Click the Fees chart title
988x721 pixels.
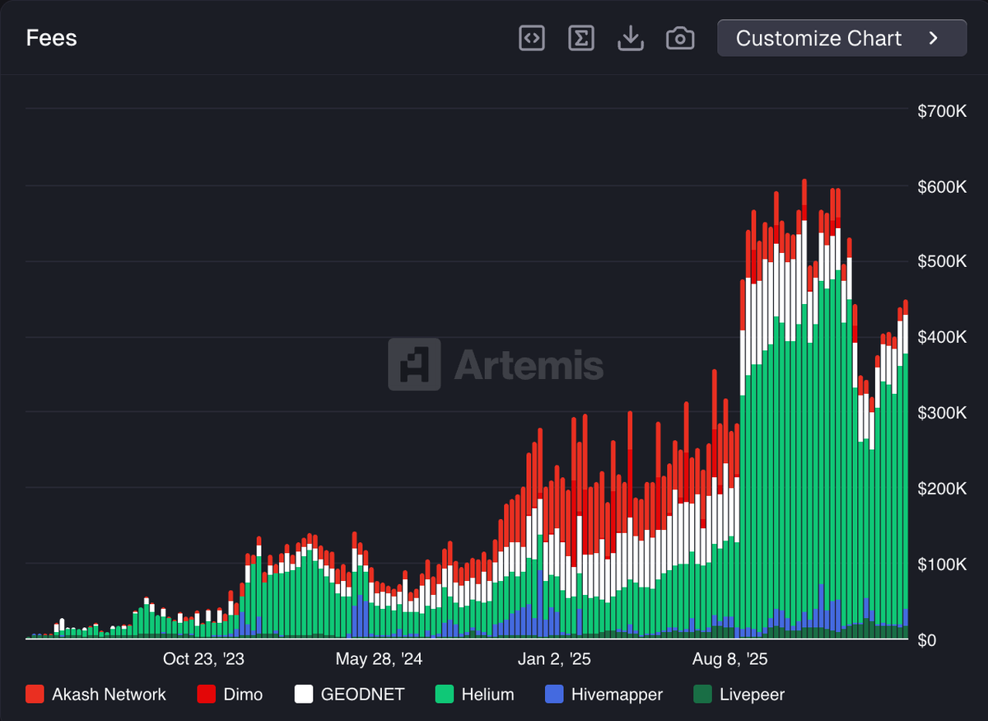coord(51,39)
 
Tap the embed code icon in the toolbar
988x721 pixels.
coord(532,38)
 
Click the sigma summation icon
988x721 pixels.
coord(581,38)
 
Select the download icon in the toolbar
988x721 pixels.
coord(631,38)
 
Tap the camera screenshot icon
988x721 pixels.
coord(680,38)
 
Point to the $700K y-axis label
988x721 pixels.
coord(942,111)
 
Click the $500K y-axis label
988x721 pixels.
coord(942,262)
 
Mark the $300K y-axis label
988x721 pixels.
coord(942,413)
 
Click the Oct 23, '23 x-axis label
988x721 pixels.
coord(203,659)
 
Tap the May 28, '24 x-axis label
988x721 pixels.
coord(379,659)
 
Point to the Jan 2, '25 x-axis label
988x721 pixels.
coord(554,659)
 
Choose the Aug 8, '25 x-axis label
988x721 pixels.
coord(729,659)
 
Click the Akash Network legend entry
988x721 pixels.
coord(96,695)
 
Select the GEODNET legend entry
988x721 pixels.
coord(349,695)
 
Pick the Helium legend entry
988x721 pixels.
coord(474,695)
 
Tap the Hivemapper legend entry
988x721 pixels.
coord(604,695)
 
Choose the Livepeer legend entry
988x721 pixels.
coord(739,695)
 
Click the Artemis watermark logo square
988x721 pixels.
coord(414,364)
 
